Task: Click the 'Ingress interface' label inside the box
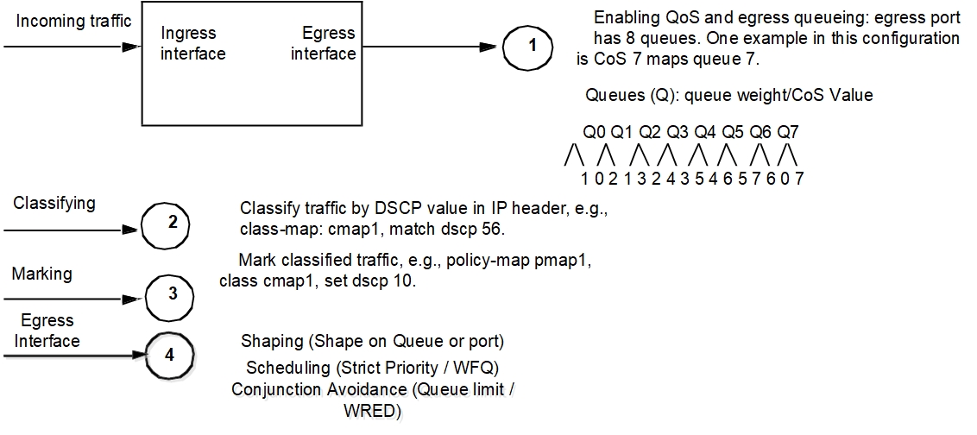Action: pos(193,43)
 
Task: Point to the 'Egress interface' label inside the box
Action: pos(324,43)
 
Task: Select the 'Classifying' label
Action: pos(54,204)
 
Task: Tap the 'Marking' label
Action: pos(41,274)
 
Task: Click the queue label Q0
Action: pos(595,133)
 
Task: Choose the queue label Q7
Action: pos(788,133)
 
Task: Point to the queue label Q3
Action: pos(678,133)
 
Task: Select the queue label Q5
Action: pos(733,133)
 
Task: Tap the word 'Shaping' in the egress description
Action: pos(271,341)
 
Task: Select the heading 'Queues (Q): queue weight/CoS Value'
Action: pos(728,95)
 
